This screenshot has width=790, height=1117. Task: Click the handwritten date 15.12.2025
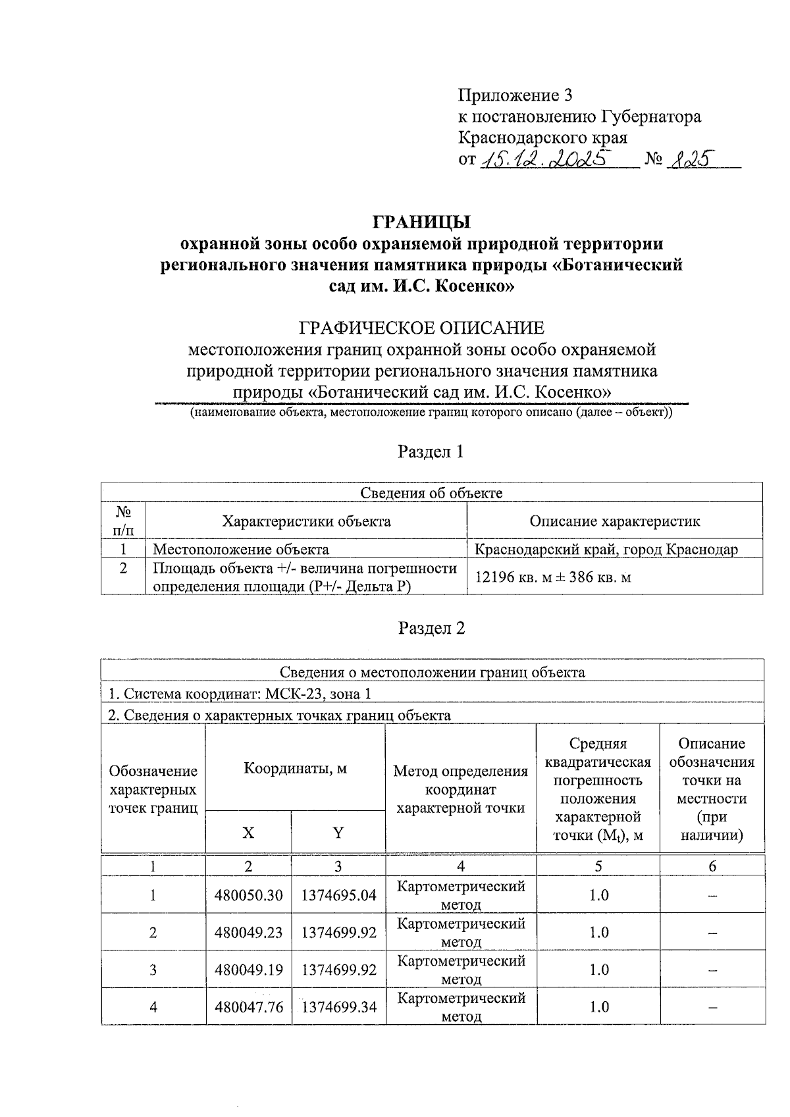(x=544, y=158)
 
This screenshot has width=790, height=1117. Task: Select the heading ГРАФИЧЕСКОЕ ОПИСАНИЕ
(x=422, y=327)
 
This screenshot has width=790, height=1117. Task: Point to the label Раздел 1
(x=431, y=452)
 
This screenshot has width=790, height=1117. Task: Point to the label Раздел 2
(x=431, y=628)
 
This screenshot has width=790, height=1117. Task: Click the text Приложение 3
(x=515, y=95)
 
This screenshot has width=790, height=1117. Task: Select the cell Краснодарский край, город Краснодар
(x=606, y=549)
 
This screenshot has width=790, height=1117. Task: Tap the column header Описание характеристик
(x=614, y=521)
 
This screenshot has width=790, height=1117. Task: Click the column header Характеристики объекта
(x=306, y=521)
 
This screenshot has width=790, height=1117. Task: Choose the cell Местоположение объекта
(x=241, y=549)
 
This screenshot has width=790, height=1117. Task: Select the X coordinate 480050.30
(x=248, y=895)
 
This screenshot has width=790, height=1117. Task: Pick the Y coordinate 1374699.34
(x=338, y=1006)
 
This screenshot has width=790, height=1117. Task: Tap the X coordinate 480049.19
(x=248, y=970)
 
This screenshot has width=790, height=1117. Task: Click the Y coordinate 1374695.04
(x=338, y=895)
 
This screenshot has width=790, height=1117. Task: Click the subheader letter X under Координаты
(x=248, y=833)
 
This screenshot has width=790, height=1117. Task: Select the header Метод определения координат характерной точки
(x=460, y=789)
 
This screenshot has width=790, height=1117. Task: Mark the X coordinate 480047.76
(x=248, y=1006)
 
